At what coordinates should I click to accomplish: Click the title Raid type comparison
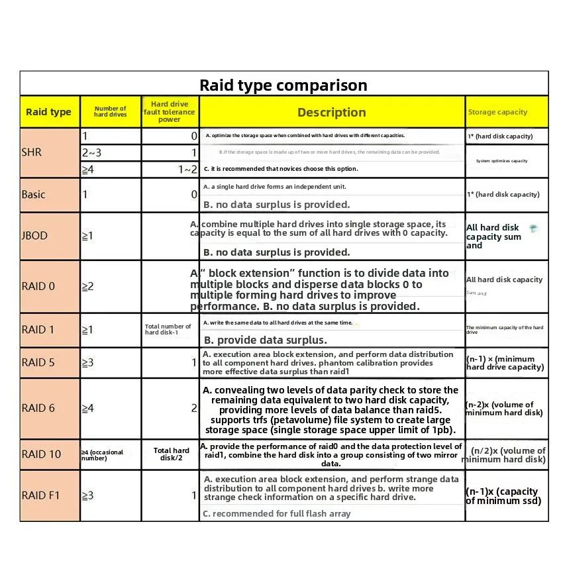[283, 85]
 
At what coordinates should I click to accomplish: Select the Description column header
[331, 113]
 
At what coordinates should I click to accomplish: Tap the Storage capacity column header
[497, 113]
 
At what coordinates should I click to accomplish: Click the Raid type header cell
[48, 112]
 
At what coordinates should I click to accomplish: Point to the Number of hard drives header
[110, 112]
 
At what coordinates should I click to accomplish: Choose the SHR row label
[32, 152]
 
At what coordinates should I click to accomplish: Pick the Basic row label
[34, 195]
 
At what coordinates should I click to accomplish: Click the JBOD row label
[34, 236]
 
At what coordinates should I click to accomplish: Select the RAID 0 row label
[37, 287]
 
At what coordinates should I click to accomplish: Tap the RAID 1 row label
[37, 330]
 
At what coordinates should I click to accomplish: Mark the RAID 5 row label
[37, 362]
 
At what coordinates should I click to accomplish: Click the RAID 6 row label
[38, 408]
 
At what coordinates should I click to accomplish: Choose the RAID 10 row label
[41, 454]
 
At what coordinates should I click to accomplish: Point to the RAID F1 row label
[41, 495]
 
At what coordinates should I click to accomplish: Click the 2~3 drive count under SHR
[91, 153]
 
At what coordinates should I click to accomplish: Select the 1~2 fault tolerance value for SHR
[187, 170]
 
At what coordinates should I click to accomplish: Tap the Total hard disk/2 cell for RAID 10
[172, 454]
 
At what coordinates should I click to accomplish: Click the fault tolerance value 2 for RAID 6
[194, 408]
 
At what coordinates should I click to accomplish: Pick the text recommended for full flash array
[277, 513]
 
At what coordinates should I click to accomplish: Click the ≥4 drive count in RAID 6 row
[88, 408]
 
